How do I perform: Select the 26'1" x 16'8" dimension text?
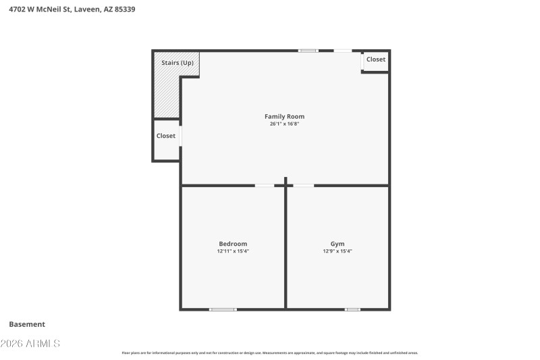coord(284,124)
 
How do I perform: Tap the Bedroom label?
coord(233,244)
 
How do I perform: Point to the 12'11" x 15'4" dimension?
coord(233,251)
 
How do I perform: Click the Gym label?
coord(337,244)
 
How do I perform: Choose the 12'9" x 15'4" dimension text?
coord(337,251)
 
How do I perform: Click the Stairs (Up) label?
coord(178,63)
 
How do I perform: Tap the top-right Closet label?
coord(376,59)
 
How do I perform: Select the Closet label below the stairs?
coord(166,136)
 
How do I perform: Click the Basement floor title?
coord(27,324)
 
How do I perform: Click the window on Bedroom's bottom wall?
coord(223,309)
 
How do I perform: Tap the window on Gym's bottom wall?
coord(352,309)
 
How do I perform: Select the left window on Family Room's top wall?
coord(308,51)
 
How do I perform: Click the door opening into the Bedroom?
coord(265,185)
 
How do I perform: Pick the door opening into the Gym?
coord(304,185)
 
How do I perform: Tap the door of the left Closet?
coord(180,136)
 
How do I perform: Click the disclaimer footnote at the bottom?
coord(270,353)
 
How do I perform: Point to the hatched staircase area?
coord(166,95)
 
